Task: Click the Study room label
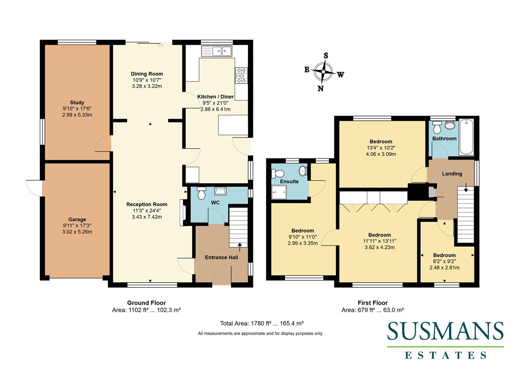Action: pos(77,103)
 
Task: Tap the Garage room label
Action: pos(77,219)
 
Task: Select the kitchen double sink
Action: pos(217,51)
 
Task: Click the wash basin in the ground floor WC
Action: pos(221,191)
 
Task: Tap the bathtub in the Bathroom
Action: pos(466,137)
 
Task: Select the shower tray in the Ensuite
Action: pos(279,192)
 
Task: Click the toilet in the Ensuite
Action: pos(279,173)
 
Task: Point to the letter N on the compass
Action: pos(320,89)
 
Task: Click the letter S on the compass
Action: pos(326,56)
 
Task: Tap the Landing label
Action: pos(452,174)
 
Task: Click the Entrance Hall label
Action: pos(221,257)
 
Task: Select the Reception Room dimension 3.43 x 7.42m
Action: pos(147,217)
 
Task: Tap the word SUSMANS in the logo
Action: pos(445,331)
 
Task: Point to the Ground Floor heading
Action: pos(146,303)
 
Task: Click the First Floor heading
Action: pos(373,303)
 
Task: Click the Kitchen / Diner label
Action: pos(215,97)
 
